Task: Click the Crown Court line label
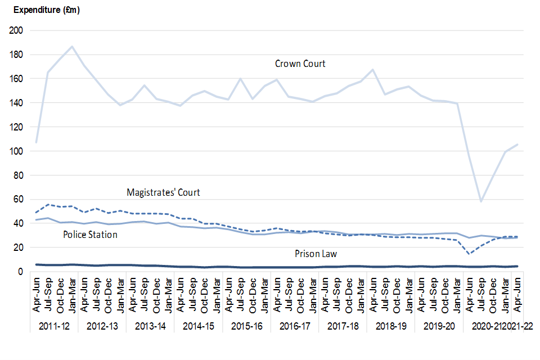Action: [300, 64]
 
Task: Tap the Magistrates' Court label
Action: [163, 192]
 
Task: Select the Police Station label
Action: [90, 235]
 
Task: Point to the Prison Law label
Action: [316, 254]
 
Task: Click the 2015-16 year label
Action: [246, 325]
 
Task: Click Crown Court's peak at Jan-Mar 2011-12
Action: [72, 46]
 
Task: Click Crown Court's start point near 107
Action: [36, 142]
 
